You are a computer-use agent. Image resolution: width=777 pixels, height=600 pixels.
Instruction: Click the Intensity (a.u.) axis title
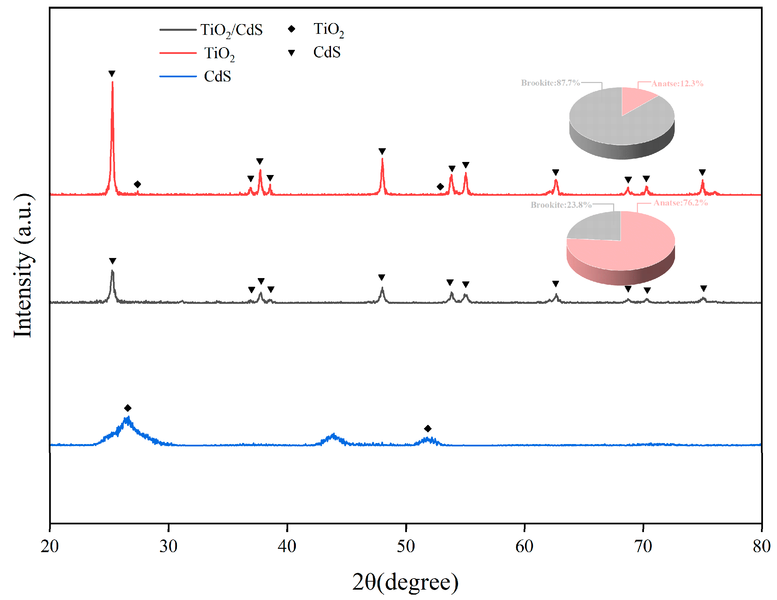(23, 265)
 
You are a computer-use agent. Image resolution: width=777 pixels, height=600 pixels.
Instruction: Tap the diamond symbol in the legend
(292, 29)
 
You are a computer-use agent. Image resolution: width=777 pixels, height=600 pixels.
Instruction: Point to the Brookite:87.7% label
(550, 83)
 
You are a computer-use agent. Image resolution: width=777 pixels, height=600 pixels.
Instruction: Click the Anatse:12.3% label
(677, 84)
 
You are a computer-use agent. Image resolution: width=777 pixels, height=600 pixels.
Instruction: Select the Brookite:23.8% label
(561, 205)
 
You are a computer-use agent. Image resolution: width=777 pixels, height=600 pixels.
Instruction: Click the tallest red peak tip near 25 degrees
(112, 83)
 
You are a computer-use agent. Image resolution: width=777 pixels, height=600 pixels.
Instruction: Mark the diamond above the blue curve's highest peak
(128, 408)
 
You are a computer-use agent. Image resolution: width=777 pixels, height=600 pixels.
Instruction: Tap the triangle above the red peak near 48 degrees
(382, 151)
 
